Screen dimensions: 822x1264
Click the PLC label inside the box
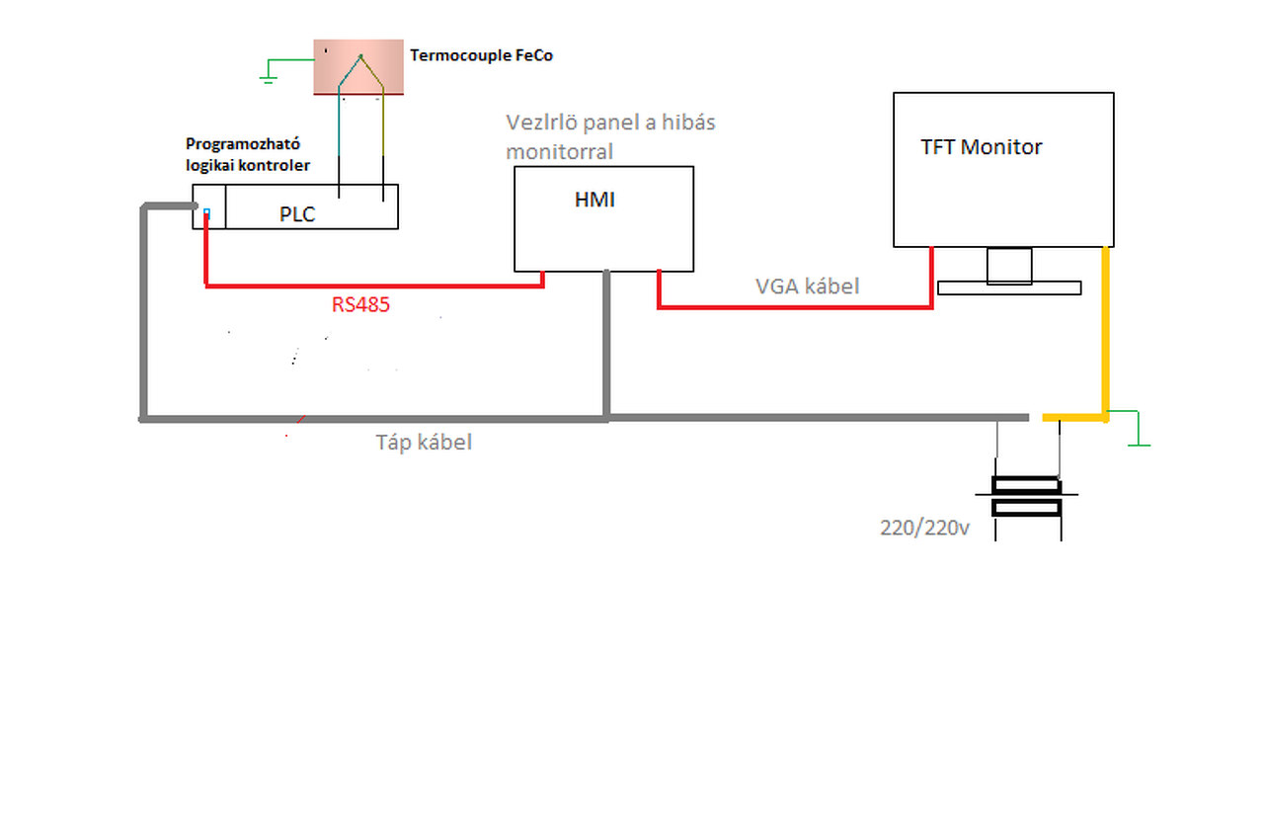click(x=297, y=213)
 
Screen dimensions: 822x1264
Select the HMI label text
click(x=594, y=200)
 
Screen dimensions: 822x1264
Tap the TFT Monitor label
click(x=982, y=147)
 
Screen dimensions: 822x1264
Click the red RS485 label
click(x=360, y=304)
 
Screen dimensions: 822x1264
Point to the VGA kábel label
click(x=807, y=287)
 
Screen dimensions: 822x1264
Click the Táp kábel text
click(x=424, y=443)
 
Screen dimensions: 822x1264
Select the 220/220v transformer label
click(x=925, y=528)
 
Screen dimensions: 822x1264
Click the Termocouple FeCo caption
click(x=481, y=55)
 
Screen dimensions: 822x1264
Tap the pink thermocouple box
click(x=358, y=67)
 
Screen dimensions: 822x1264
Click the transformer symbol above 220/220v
click(x=1027, y=496)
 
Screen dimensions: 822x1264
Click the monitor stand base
click(x=1008, y=288)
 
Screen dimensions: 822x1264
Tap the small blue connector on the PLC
click(x=206, y=211)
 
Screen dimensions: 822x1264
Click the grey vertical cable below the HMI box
click(x=606, y=341)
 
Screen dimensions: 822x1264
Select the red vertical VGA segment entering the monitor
click(x=931, y=277)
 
